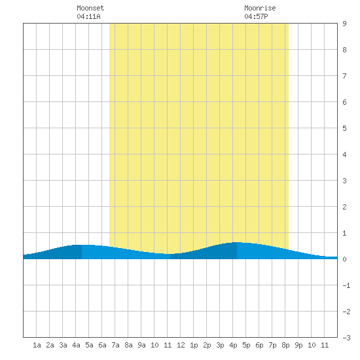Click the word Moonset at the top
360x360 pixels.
point(90,8)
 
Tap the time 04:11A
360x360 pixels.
point(88,16)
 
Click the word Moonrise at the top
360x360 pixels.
point(260,8)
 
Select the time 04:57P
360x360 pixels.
point(256,16)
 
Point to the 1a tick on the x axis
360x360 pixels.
point(37,345)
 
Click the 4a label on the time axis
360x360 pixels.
point(76,345)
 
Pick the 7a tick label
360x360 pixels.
point(115,345)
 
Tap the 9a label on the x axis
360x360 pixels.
point(141,345)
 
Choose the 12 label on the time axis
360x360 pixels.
point(181,345)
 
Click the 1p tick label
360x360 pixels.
point(194,345)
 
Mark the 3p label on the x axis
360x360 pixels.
point(220,345)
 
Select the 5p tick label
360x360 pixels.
point(246,345)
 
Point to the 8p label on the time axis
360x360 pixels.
point(285,345)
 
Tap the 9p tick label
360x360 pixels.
point(298,345)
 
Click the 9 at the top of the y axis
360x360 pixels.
point(344,24)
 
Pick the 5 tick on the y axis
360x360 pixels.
point(344,128)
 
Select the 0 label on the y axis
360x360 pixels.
point(344,259)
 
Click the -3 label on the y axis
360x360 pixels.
point(346,338)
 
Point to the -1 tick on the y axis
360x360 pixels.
point(346,285)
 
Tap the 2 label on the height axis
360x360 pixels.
point(344,207)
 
